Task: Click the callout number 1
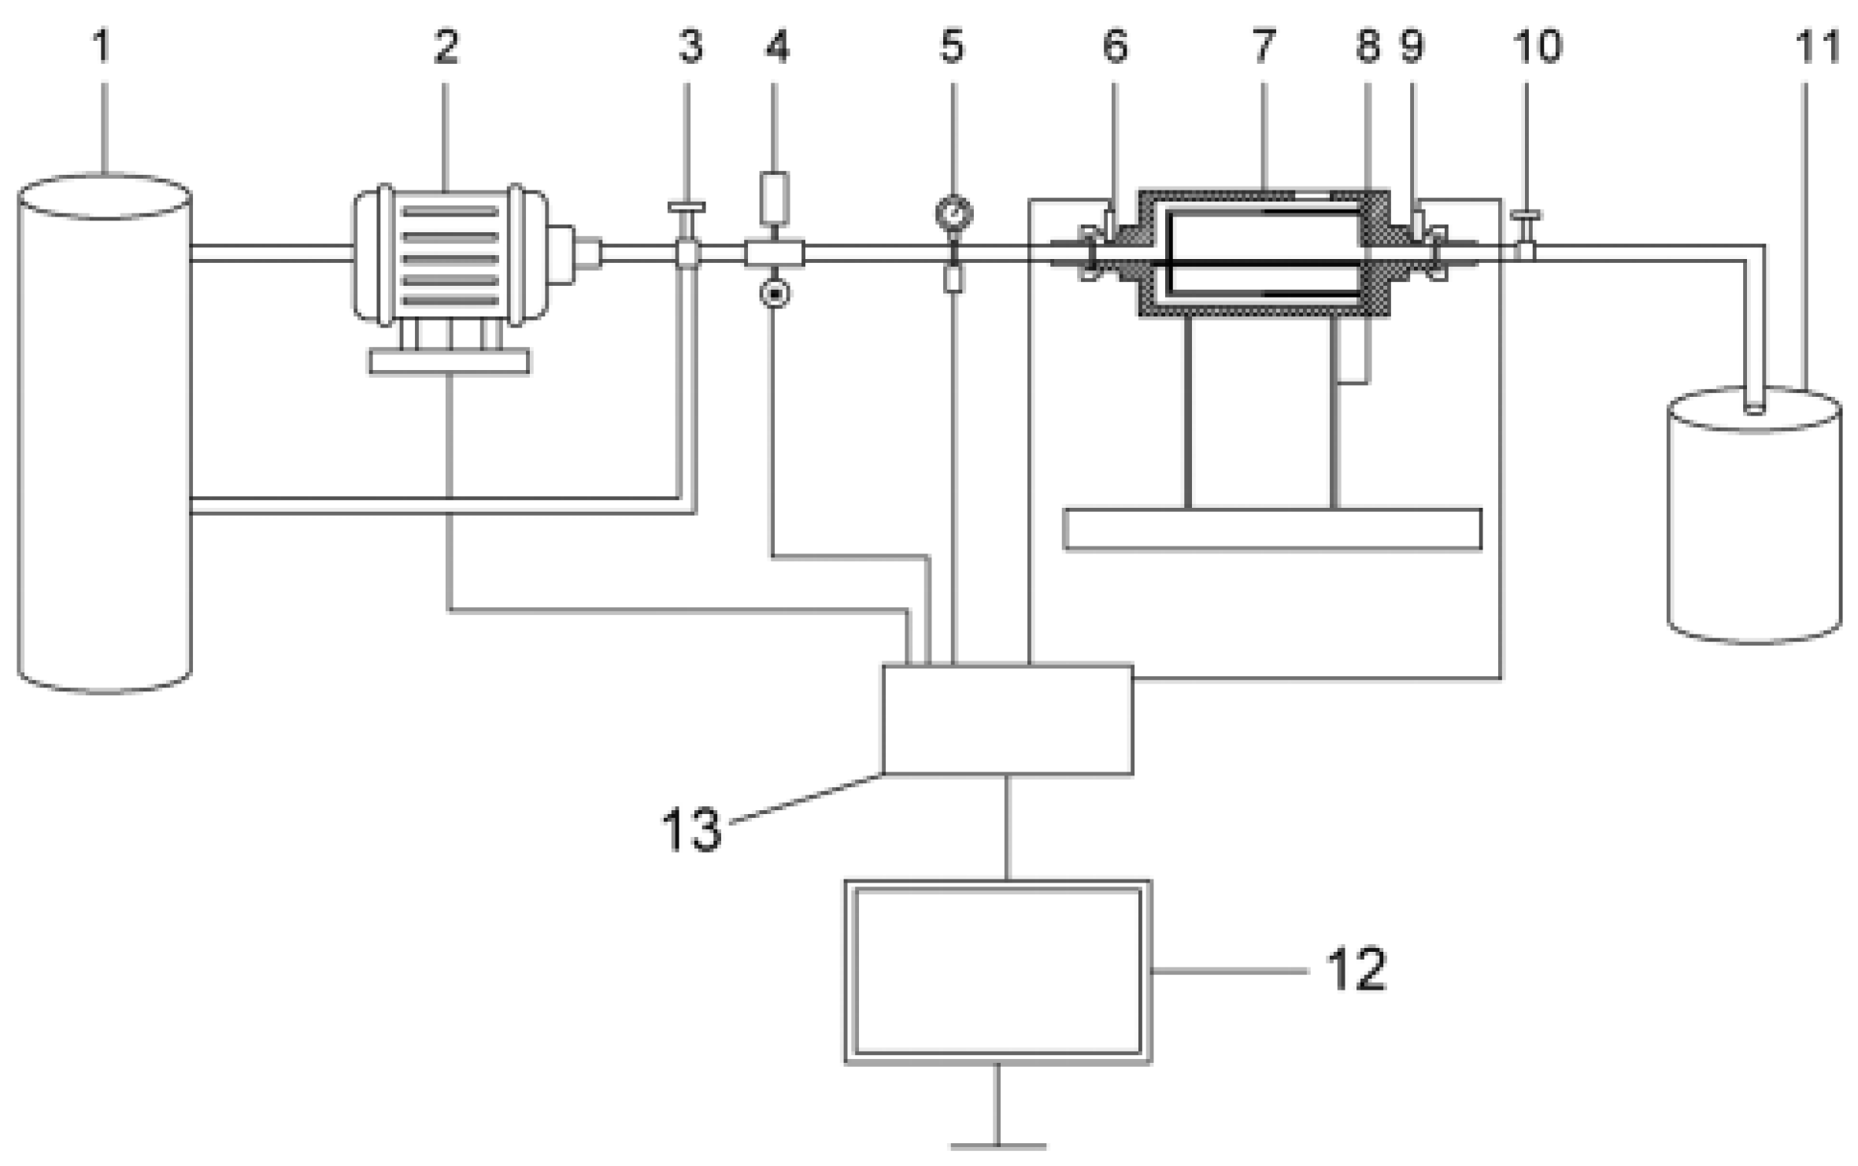pyautogui.click(x=102, y=47)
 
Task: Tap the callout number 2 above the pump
pyautogui.click(x=446, y=47)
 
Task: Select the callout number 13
pyautogui.click(x=690, y=830)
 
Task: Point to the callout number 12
pyautogui.click(x=1356, y=970)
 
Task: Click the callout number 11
pyautogui.click(x=1817, y=47)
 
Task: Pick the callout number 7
pyautogui.click(x=1263, y=47)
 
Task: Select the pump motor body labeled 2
pyautogui.click(x=450, y=256)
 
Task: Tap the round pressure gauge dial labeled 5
pyautogui.click(x=954, y=213)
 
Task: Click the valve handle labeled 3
pyautogui.click(x=687, y=207)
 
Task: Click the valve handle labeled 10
pyautogui.click(x=1526, y=215)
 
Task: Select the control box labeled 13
pyautogui.click(x=1008, y=720)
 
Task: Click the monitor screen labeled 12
pyautogui.click(x=998, y=972)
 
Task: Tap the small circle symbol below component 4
pyautogui.click(x=775, y=294)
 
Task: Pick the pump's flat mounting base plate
pyautogui.click(x=450, y=361)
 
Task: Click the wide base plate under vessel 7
pyautogui.click(x=1272, y=528)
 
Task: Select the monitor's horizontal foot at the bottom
pyautogui.click(x=998, y=1146)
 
